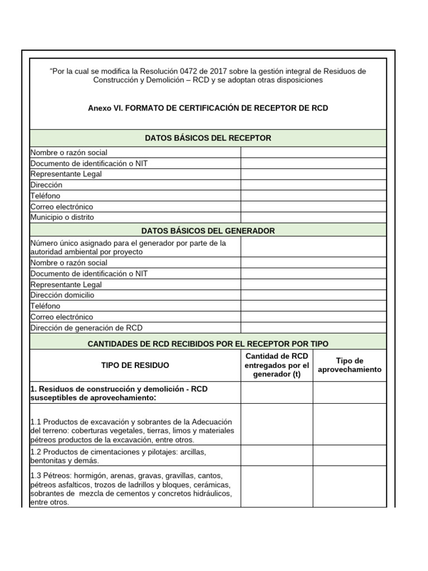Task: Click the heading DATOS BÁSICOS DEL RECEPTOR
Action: click(x=208, y=138)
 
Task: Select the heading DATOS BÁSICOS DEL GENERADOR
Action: click(x=208, y=231)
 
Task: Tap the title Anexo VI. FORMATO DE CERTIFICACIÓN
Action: click(x=208, y=108)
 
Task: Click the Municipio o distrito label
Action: click(x=62, y=217)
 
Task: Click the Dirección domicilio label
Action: click(x=62, y=295)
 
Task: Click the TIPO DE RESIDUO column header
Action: click(x=135, y=365)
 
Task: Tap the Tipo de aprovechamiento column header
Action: click(x=349, y=365)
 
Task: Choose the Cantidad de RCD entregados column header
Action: click(x=276, y=365)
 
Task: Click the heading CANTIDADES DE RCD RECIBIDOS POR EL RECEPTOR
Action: click(x=208, y=344)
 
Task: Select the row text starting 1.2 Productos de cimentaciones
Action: click(x=119, y=456)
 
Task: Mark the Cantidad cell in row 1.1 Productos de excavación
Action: click(x=276, y=424)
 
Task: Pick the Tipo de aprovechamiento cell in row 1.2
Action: click(x=349, y=456)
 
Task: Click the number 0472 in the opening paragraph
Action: click(x=190, y=71)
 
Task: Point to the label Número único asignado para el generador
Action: click(x=128, y=247)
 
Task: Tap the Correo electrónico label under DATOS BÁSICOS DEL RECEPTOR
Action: click(x=62, y=206)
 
